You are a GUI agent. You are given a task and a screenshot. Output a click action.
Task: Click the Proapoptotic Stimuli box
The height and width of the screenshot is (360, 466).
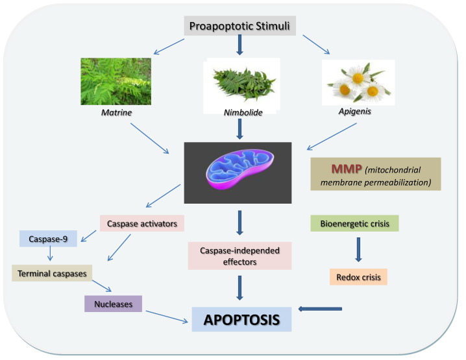241,27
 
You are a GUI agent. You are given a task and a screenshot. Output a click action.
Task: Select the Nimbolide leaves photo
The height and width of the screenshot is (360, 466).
241,80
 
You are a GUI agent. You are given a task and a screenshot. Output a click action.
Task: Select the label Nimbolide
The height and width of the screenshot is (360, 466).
241,114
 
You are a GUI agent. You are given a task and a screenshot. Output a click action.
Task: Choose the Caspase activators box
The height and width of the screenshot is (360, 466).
142,224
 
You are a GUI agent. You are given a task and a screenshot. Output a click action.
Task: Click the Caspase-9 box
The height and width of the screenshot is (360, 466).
43,239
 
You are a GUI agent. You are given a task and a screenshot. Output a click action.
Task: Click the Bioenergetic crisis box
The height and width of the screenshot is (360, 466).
358,224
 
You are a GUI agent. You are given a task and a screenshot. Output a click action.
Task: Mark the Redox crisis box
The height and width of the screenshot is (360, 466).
358,276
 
